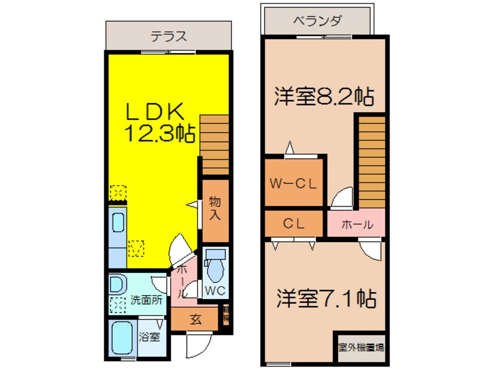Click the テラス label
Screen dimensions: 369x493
(x=169, y=36)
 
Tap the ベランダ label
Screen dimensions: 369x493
(x=317, y=22)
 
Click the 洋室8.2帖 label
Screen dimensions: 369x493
(x=324, y=96)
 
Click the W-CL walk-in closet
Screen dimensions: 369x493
(x=293, y=183)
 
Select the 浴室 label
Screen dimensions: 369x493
(x=149, y=336)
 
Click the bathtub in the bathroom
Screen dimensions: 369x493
(x=123, y=338)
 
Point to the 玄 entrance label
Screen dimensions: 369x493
(x=195, y=319)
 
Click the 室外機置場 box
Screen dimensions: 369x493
(x=360, y=347)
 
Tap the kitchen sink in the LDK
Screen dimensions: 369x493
(x=118, y=225)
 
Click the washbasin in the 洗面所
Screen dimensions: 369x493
(x=117, y=285)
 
